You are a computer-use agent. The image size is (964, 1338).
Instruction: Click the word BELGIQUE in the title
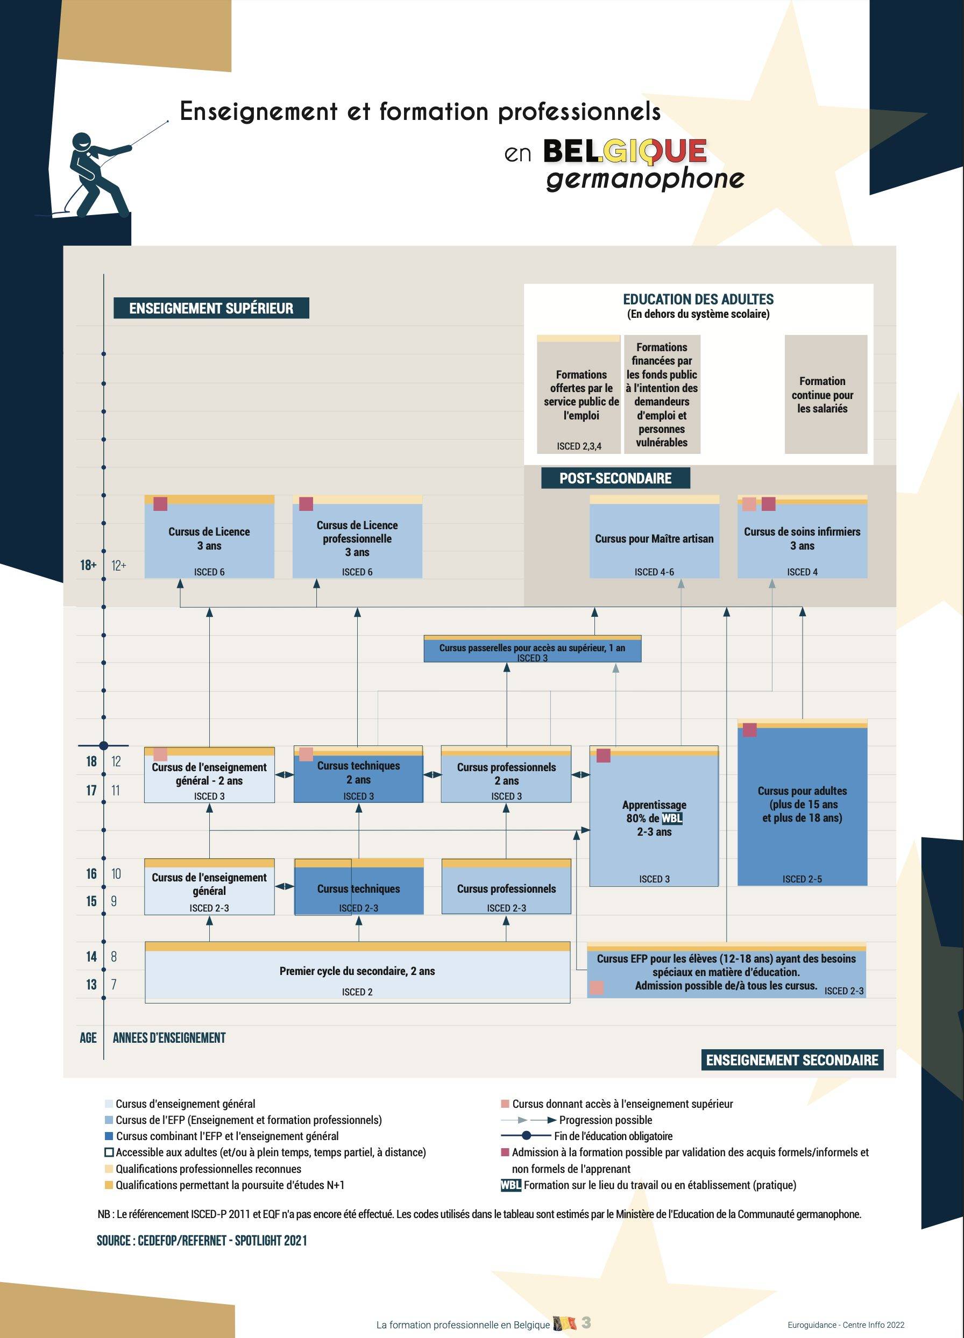tap(624, 152)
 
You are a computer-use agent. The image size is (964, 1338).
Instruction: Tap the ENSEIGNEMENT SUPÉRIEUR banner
tap(211, 308)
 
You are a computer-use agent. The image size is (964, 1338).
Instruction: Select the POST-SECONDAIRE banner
tap(615, 478)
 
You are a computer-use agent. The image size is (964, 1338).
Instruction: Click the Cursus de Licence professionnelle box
tap(357, 538)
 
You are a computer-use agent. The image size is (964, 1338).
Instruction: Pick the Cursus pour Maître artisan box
tap(654, 538)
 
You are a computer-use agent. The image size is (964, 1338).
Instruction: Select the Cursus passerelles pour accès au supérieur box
tap(532, 650)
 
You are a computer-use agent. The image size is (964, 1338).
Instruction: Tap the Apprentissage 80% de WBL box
tap(654, 817)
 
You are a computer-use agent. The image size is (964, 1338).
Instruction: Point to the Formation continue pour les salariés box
tap(825, 394)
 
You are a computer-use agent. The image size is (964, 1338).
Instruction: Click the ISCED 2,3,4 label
tap(579, 446)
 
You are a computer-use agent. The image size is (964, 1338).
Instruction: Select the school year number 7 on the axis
tap(114, 984)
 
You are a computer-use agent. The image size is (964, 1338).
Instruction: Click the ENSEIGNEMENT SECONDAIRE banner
tap(792, 1060)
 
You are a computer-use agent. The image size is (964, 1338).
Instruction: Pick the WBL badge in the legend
tap(511, 1185)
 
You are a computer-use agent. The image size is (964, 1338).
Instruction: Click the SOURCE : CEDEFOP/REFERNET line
tap(202, 1240)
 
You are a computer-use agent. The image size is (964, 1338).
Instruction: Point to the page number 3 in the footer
tap(586, 1322)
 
